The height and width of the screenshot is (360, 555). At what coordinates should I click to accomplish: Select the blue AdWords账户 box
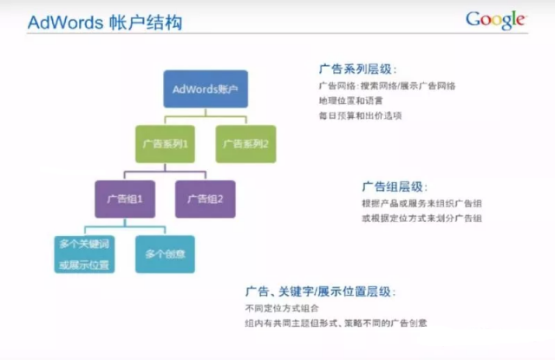click(206, 89)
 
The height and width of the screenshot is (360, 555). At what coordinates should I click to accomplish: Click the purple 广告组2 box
click(206, 199)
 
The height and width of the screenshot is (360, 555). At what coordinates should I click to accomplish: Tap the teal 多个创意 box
click(165, 254)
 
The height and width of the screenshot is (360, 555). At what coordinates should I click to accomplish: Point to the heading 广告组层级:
click(395, 187)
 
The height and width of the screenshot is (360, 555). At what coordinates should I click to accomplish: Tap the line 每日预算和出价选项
click(359, 115)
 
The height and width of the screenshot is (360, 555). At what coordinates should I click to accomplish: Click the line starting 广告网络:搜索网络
click(388, 86)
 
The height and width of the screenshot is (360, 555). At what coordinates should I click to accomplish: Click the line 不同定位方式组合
click(283, 308)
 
